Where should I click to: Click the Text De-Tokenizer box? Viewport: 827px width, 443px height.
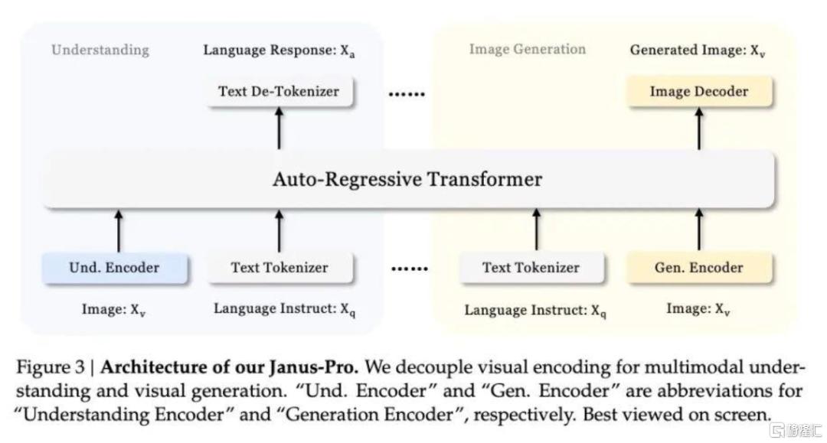[279, 92]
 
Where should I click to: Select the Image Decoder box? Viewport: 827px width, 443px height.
[699, 92]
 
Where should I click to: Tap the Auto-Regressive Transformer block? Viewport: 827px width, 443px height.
[408, 179]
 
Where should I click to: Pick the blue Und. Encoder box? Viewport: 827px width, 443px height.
[114, 268]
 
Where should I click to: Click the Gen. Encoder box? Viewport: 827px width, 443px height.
[699, 268]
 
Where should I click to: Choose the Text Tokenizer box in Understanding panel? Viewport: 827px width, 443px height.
[279, 268]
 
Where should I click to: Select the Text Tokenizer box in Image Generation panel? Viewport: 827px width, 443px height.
[531, 268]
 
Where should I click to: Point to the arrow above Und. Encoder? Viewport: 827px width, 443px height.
[119, 231]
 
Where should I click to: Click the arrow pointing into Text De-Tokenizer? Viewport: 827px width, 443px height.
[279, 128]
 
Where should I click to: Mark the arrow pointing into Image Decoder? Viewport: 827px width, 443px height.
[699, 128]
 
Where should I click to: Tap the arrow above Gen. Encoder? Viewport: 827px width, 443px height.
[699, 229]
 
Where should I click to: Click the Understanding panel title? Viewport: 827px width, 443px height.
[100, 50]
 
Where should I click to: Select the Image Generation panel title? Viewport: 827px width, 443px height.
[528, 49]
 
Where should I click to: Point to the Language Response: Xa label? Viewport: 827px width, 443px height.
[279, 50]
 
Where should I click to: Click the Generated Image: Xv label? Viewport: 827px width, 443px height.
[698, 50]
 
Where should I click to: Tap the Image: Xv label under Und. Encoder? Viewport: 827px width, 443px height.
[113, 310]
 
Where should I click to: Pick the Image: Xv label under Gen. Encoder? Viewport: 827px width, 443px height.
[698, 308]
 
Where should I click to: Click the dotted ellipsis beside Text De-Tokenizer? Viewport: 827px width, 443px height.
[407, 94]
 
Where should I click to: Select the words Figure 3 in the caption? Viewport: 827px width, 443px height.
[50, 367]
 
